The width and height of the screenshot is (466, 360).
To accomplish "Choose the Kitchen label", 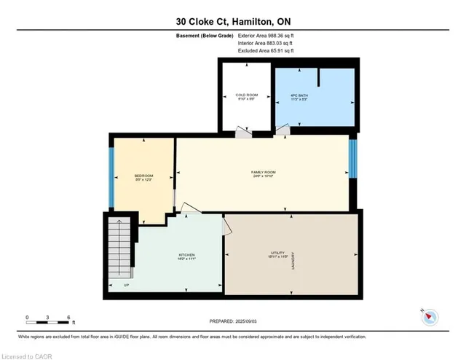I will click(187, 257).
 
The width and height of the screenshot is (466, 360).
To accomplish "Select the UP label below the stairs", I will click(126, 285).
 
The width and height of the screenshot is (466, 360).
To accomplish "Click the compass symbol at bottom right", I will click(429, 316).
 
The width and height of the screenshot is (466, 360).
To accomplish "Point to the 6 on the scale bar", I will click(68, 318).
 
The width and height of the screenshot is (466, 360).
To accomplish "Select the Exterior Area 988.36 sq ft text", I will click(266, 34).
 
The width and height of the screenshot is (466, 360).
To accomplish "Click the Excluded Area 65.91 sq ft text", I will click(266, 52).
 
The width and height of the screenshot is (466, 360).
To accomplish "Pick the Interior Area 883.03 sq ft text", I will click(266, 43).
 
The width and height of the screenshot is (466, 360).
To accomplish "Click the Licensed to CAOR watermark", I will click(28, 356).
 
